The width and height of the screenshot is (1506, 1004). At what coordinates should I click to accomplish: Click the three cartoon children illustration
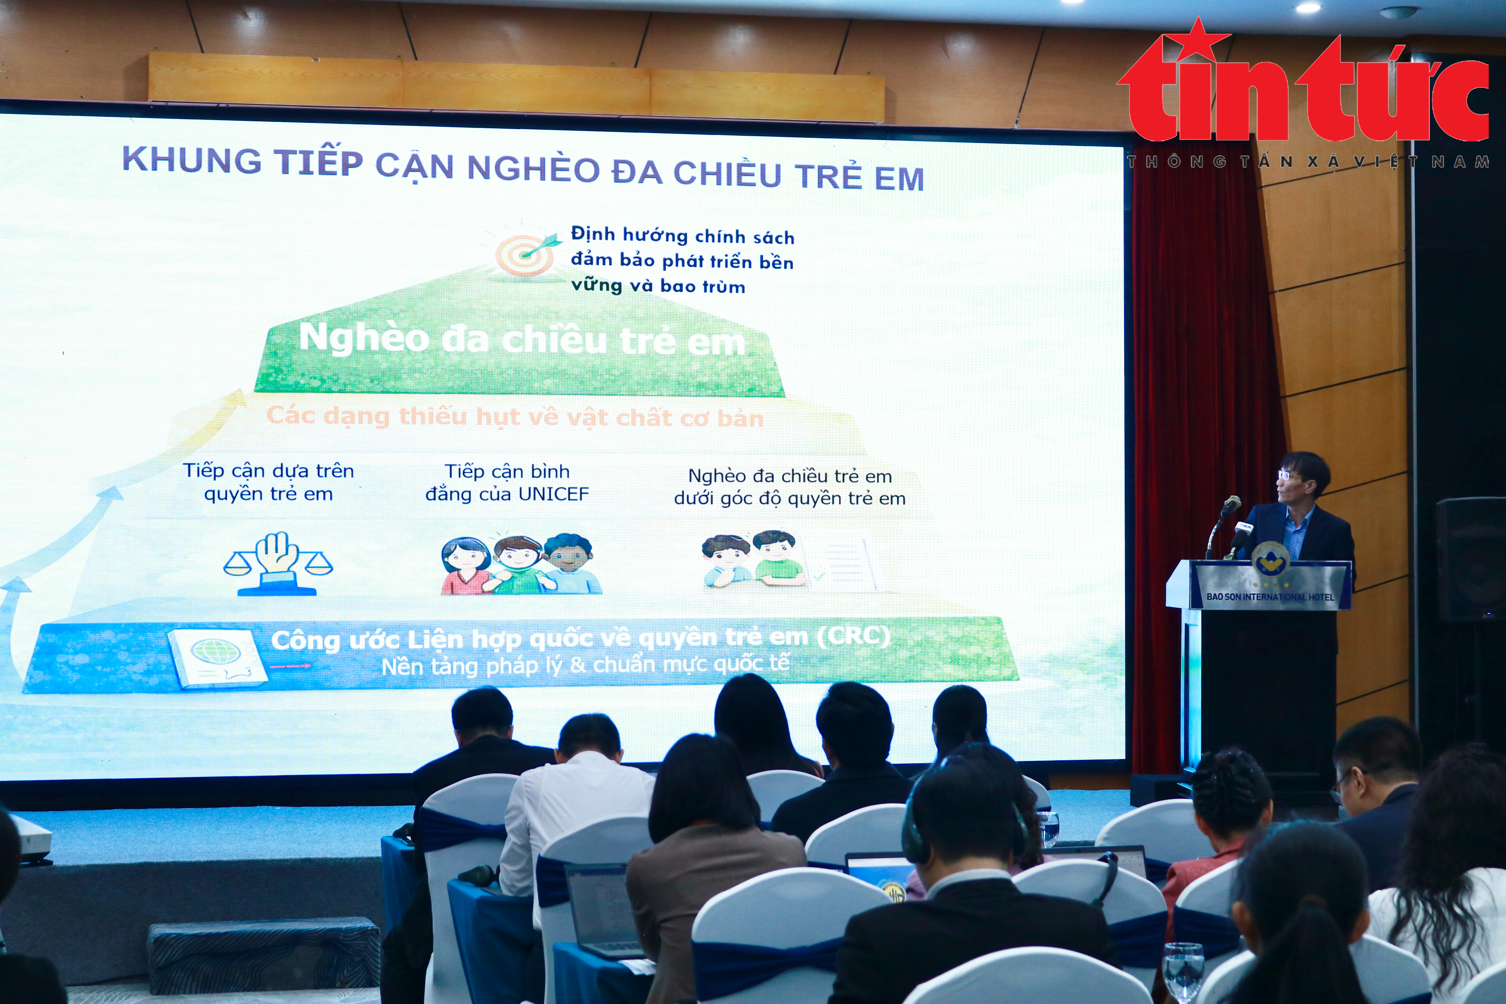click(x=520, y=563)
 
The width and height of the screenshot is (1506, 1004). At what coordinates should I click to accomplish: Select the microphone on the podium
click(x=1229, y=507)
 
